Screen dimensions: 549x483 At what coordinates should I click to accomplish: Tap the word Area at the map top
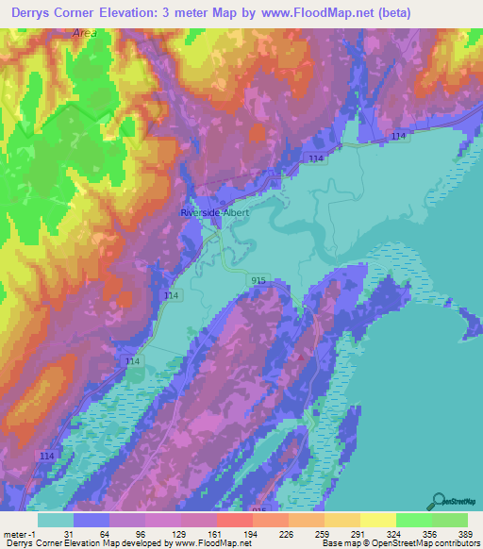84,32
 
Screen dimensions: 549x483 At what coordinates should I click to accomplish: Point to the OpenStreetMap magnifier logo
440,501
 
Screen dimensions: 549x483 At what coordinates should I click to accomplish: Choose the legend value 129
162,533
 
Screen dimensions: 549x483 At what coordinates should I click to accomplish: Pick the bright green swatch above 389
450,520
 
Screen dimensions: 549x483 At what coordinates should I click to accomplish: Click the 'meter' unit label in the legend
15,533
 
